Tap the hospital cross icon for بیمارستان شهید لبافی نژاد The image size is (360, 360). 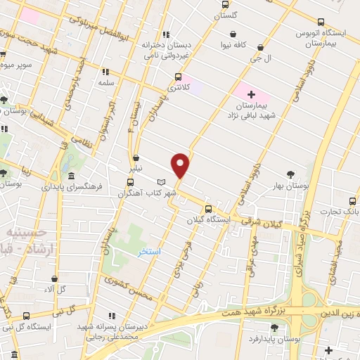252,94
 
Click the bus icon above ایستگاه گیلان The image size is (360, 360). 208,209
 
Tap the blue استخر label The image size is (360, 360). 149,252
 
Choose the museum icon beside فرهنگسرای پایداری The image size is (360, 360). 72,176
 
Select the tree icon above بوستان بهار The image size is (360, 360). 290,174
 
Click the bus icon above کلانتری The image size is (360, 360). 178,78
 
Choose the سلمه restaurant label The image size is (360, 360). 105,82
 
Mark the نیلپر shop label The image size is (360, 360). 136,169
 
